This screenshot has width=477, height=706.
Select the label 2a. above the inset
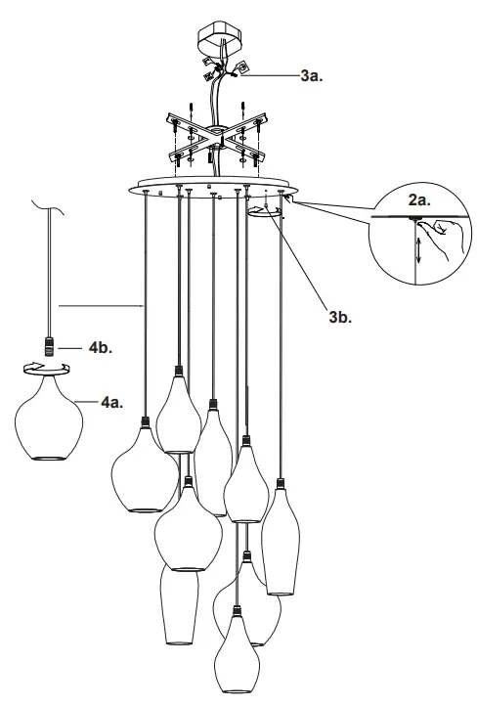[418, 199]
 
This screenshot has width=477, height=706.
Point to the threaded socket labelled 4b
[46, 344]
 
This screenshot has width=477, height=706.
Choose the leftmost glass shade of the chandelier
[144, 474]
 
